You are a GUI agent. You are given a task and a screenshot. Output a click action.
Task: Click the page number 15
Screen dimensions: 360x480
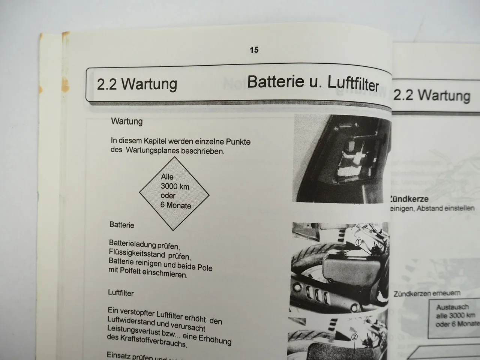(x=254, y=50)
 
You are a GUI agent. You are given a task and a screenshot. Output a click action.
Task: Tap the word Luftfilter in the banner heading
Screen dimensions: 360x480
(x=352, y=84)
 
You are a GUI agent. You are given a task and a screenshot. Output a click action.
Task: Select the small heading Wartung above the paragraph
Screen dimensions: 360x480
(x=127, y=121)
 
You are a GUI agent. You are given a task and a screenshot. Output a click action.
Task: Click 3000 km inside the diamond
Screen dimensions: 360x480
(x=175, y=186)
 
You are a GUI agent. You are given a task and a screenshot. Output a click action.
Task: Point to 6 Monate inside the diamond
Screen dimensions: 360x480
(x=175, y=205)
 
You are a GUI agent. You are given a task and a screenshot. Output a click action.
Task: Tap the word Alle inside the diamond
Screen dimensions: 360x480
(x=167, y=177)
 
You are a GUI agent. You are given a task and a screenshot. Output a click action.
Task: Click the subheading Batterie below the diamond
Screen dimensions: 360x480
(x=122, y=225)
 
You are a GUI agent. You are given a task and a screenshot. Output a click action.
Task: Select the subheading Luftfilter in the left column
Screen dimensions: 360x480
(x=121, y=292)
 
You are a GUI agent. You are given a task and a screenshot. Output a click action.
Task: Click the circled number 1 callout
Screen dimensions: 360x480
(x=358, y=242)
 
